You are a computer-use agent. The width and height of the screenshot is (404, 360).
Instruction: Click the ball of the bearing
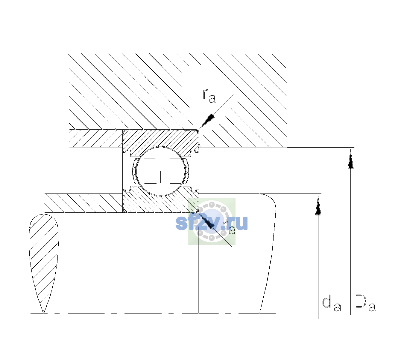[x=161, y=171]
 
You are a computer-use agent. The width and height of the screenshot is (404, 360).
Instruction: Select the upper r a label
[x=209, y=96]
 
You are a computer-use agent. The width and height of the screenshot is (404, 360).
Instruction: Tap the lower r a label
[x=229, y=228]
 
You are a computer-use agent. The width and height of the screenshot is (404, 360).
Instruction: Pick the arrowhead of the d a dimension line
[x=318, y=205]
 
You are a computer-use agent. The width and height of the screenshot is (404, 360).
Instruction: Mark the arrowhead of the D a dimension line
[x=350, y=159]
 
